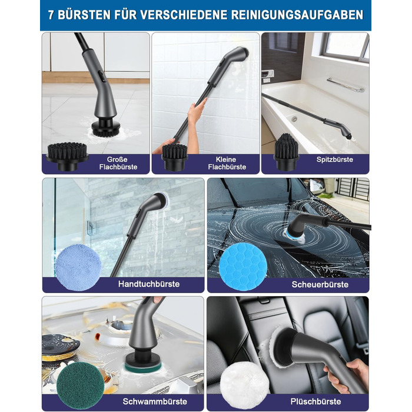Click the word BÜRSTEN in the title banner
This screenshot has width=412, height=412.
(x=84, y=15)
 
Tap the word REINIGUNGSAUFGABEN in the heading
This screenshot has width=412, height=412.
(x=297, y=15)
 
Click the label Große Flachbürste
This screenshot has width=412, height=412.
(x=118, y=163)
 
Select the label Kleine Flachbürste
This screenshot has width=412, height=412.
(x=227, y=163)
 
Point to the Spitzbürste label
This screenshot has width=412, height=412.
(x=335, y=160)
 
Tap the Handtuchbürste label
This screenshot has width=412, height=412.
(x=149, y=284)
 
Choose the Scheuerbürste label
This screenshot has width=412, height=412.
(x=320, y=284)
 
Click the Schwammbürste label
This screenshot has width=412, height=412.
(x=155, y=401)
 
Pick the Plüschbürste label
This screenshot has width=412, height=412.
(x=315, y=401)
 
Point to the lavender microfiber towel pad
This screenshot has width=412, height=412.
(x=78, y=267)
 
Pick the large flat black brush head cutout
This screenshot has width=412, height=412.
(x=67, y=156)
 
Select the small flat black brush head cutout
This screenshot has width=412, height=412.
(x=175, y=157)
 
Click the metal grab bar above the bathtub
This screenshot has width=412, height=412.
(x=345, y=85)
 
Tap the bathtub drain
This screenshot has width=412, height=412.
(x=294, y=119)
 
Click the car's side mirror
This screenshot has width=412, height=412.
(x=317, y=187)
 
